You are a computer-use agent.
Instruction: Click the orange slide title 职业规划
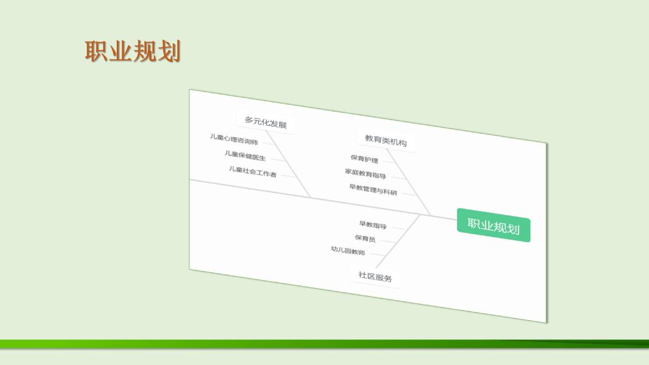point(133,51)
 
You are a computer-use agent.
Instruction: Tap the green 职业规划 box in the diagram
point(493,225)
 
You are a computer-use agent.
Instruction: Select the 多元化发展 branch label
point(266,122)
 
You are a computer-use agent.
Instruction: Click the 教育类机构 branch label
point(386,140)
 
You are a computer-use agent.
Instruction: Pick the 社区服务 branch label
point(375,276)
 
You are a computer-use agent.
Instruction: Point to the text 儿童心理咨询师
point(234,139)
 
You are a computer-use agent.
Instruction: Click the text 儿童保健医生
point(245,155)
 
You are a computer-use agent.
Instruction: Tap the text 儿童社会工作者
point(252,171)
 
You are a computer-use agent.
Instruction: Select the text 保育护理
point(364,159)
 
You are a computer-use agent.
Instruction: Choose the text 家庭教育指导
point(365,174)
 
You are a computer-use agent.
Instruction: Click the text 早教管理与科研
point(373,190)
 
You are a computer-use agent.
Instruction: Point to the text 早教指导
point(373,225)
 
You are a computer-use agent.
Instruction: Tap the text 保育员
point(365,239)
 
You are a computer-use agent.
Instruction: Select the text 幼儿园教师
point(348,251)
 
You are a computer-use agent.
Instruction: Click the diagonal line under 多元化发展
point(288,164)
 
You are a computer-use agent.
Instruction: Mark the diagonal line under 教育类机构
point(409,182)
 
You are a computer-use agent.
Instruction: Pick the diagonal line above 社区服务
point(398,241)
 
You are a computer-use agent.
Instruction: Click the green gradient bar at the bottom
point(325,344)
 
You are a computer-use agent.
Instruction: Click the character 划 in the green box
point(513,228)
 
